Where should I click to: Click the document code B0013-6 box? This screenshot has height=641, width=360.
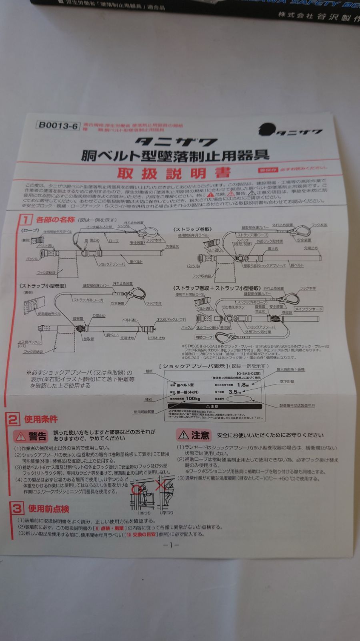coord(57,125)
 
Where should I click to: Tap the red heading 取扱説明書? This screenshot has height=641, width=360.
coord(174,173)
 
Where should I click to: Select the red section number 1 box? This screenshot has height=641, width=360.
coord(25,220)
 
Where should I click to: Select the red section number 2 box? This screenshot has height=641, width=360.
coord(13,420)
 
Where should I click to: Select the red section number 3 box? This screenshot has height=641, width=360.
coord(16,509)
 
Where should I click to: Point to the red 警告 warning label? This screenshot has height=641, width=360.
coord(31,436)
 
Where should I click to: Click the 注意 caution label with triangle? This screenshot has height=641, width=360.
coord(194,435)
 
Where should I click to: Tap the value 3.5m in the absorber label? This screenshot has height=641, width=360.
coord(235,392)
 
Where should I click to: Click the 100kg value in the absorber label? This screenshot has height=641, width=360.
coord(193,399)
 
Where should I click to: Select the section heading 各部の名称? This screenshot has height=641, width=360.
coord(55,220)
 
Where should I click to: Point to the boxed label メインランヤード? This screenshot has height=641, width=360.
coord(308,309)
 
